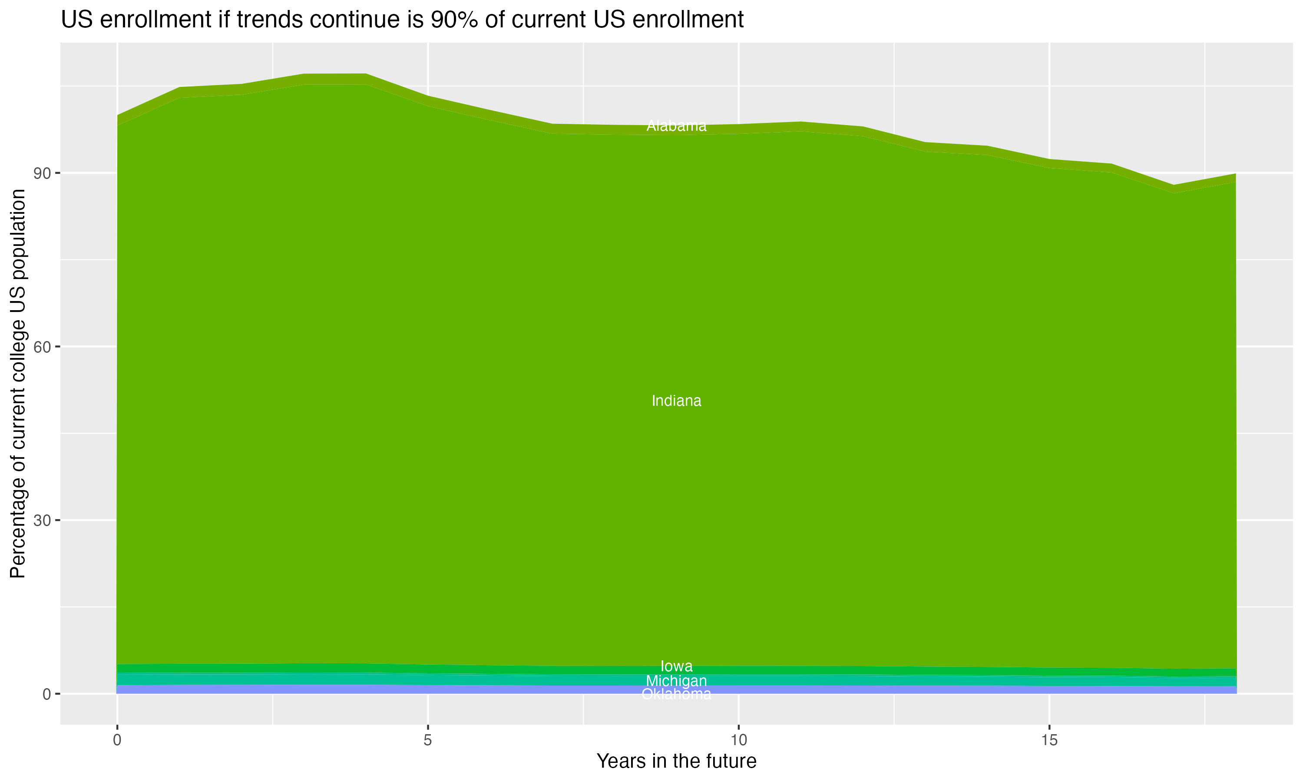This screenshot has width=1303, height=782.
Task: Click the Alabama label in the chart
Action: coord(676,126)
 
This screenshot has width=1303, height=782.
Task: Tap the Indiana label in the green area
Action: coord(676,401)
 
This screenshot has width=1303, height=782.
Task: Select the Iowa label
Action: coord(676,666)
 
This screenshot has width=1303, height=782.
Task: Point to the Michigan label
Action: coord(676,681)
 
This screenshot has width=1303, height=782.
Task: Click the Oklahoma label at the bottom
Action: coord(676,694)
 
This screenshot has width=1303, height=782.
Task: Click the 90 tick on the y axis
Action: coord(42,173)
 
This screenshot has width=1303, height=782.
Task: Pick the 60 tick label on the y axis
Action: coord(42,347)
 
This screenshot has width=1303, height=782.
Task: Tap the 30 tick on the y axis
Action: coord(42,520)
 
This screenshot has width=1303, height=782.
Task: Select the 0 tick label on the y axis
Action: coord(47,694)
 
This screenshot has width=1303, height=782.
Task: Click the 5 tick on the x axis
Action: coord(428,740)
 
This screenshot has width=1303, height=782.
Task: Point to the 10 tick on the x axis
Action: coord(738,740)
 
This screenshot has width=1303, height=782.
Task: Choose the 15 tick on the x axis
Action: coord(1049,740)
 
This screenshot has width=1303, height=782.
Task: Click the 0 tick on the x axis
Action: coord(117,740)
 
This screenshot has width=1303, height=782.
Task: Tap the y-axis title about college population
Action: coord(18,384)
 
